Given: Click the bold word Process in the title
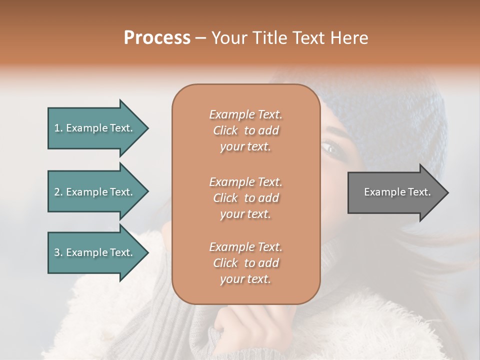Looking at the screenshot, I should pyautogui.click(x=157, y=38).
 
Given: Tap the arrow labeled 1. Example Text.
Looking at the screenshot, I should pyautogui.click(x=95, y=128).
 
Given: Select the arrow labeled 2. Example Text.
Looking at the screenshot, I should pyautogui.click(x=95, y=192).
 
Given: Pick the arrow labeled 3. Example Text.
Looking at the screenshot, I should pyautogui.click(x=95, y=252).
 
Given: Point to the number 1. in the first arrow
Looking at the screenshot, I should pyautogui.click(x=58, y=128).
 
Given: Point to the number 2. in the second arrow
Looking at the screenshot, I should pyautogui.click(x=58, y=192).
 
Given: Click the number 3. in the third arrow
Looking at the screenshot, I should pyautogui.click(x=58, y=252).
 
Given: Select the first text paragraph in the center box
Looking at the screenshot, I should pyautogui.click(x=245, y=130).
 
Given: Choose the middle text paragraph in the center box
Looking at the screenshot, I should pyautogui.click(x=245, y=198).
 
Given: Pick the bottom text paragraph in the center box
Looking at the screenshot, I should pyautogui.click(x=245, y=263).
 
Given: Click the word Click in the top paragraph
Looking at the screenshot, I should pyautogui.click(x=225, y=130).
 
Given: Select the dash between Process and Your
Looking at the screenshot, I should pyautogui.click(x=200, y=38).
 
